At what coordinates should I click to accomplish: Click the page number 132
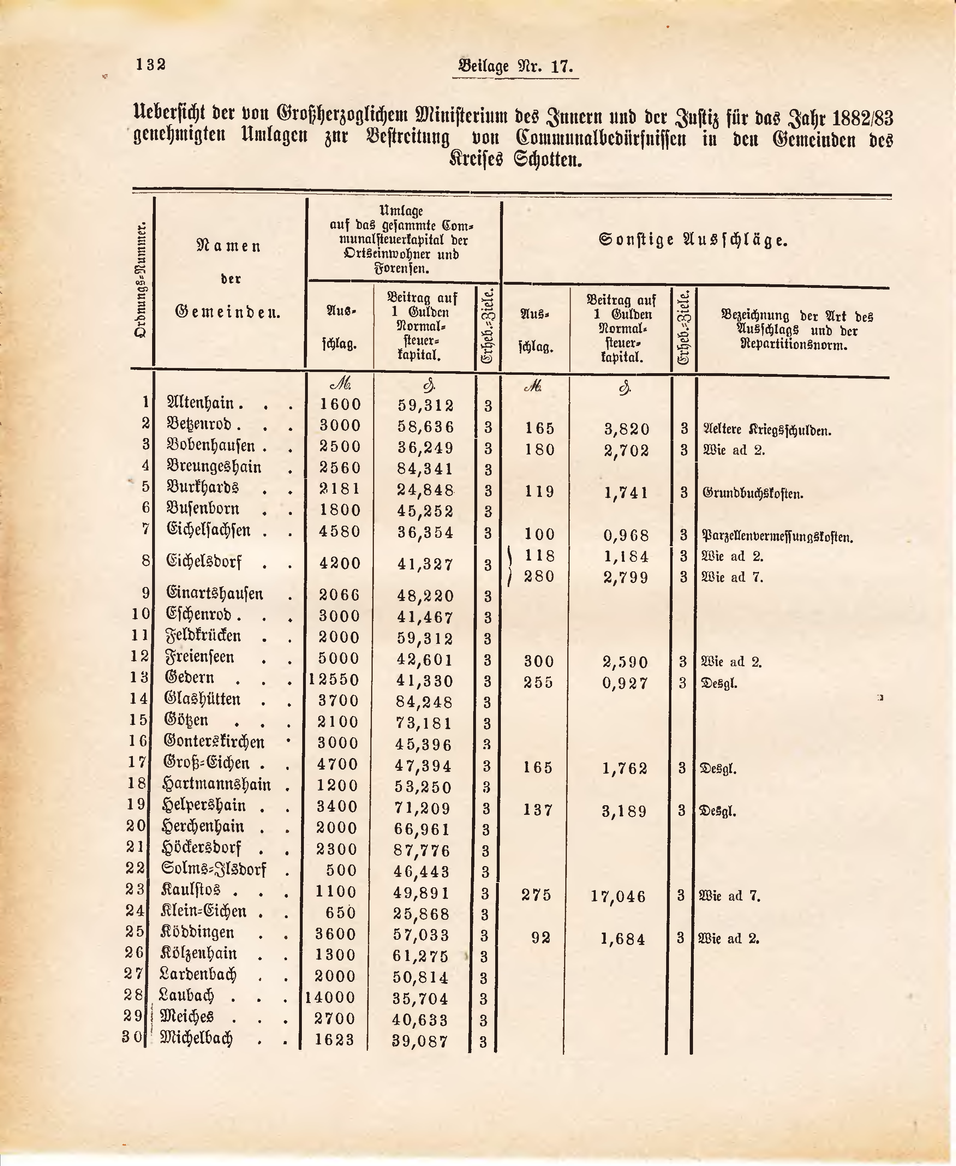(x=151, y=64)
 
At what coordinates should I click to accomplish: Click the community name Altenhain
(x=201, y=404)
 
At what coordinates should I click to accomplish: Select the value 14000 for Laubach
(x=331, y=997)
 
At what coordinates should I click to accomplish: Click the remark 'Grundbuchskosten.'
(x=753, y=493)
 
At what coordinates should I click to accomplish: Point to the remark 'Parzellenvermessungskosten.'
(x=777, y=535)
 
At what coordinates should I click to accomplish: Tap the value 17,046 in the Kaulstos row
(x=618, y=896)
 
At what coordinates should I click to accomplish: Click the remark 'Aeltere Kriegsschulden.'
(x=767, y=430)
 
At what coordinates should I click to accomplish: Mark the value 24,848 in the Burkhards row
(x=426, y=490)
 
